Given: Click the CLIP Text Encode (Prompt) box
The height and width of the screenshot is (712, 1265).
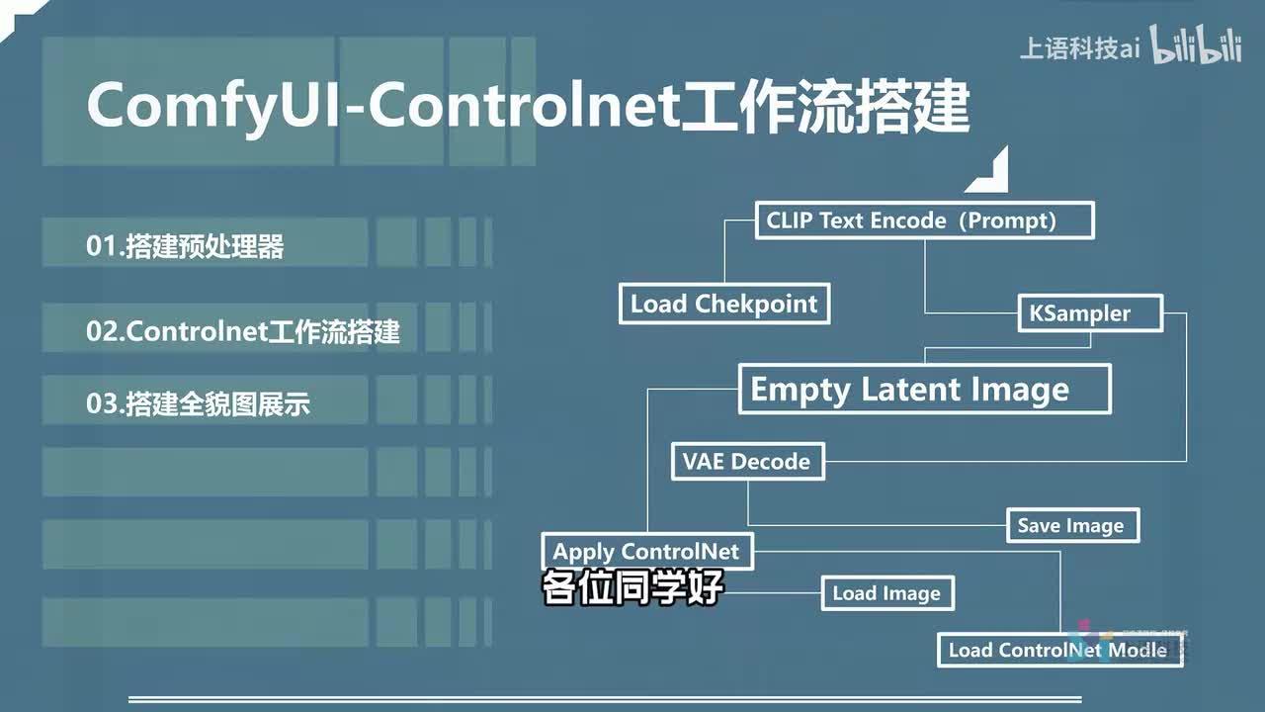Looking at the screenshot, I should pos(924,220).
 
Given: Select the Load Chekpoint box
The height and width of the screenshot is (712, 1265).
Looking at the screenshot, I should pos(724,304).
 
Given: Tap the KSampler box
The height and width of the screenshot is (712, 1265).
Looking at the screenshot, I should pos(1090,313).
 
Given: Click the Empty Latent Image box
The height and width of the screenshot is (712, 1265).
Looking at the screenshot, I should pos(924,389).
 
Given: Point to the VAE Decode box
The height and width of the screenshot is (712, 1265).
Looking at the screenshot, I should pos(747,461).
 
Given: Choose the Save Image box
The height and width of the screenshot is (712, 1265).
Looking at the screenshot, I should pos(1071,525).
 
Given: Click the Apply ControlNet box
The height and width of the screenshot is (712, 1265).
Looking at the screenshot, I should pos(647,551).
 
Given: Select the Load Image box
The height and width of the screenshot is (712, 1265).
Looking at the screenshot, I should pos(886,593).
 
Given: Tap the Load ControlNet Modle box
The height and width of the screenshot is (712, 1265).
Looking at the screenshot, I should pos(1058,650).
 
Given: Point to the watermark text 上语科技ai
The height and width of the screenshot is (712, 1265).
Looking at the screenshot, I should pos(1079,48).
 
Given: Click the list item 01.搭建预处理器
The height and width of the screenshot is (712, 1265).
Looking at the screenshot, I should pos(185,246).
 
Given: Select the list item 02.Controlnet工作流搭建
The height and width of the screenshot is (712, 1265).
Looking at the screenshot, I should pos(243,331).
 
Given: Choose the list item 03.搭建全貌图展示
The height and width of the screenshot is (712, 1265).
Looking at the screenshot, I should pos(199,404).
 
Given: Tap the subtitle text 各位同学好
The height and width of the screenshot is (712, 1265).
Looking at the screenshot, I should pos(632,587).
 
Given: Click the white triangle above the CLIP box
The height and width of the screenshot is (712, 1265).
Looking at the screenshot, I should pos(991,173).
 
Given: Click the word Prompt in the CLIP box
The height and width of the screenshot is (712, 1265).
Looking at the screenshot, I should pos(1011,220).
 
